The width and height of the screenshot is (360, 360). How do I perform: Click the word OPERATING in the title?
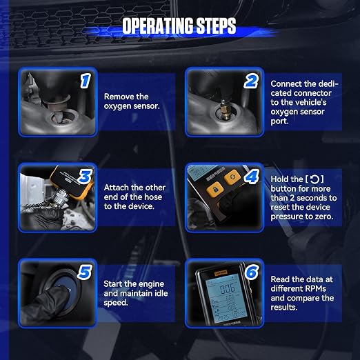(157, 26)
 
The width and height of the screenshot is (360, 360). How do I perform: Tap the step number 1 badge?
(86, 81)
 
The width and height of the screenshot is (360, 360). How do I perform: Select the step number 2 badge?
(251, 81)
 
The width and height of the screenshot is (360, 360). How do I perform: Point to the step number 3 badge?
(86, 177)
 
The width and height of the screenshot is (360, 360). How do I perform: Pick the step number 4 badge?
(252, 177)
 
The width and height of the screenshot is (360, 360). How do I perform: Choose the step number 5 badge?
(85, 272)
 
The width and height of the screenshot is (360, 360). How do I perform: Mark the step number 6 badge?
(252, 272)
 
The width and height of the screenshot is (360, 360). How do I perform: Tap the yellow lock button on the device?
(215, 189)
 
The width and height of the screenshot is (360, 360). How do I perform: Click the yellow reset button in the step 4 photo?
(232, 177)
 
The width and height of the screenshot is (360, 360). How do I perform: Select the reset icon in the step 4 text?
(314, 179)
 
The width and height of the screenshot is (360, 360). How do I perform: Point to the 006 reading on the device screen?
(228, 288)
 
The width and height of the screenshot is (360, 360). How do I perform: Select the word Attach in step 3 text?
(117, 188)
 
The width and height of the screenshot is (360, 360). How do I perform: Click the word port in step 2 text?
(279, 121)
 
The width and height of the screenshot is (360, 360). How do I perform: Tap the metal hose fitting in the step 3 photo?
(59, 197)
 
